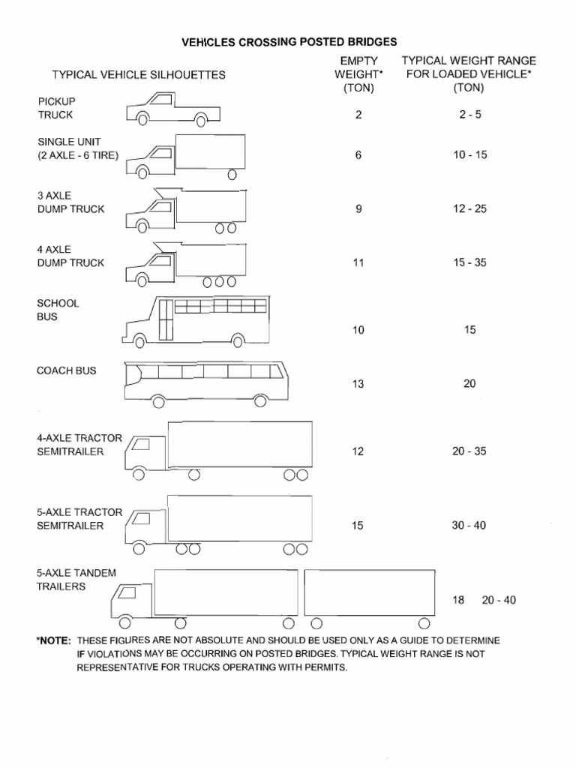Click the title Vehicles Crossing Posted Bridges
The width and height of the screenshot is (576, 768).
[289, 43]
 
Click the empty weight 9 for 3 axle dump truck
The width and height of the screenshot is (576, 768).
[358, 208]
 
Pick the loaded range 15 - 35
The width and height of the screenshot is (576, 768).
[469, 262]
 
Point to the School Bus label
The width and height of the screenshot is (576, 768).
[58, 310]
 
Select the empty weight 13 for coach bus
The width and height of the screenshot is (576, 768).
[358, 384]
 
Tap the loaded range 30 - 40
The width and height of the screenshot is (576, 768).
[469, 525]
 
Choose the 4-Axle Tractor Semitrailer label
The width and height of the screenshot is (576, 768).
[79, 445]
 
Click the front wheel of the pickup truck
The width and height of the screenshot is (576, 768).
[143, 118]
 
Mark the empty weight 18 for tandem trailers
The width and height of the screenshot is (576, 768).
[458, 600]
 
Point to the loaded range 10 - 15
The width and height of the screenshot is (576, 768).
[469, 154]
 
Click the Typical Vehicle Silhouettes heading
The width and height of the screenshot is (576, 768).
[138, 75]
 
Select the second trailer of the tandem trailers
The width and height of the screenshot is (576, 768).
[369, 594]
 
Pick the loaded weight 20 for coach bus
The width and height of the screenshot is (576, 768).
[469, 384]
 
